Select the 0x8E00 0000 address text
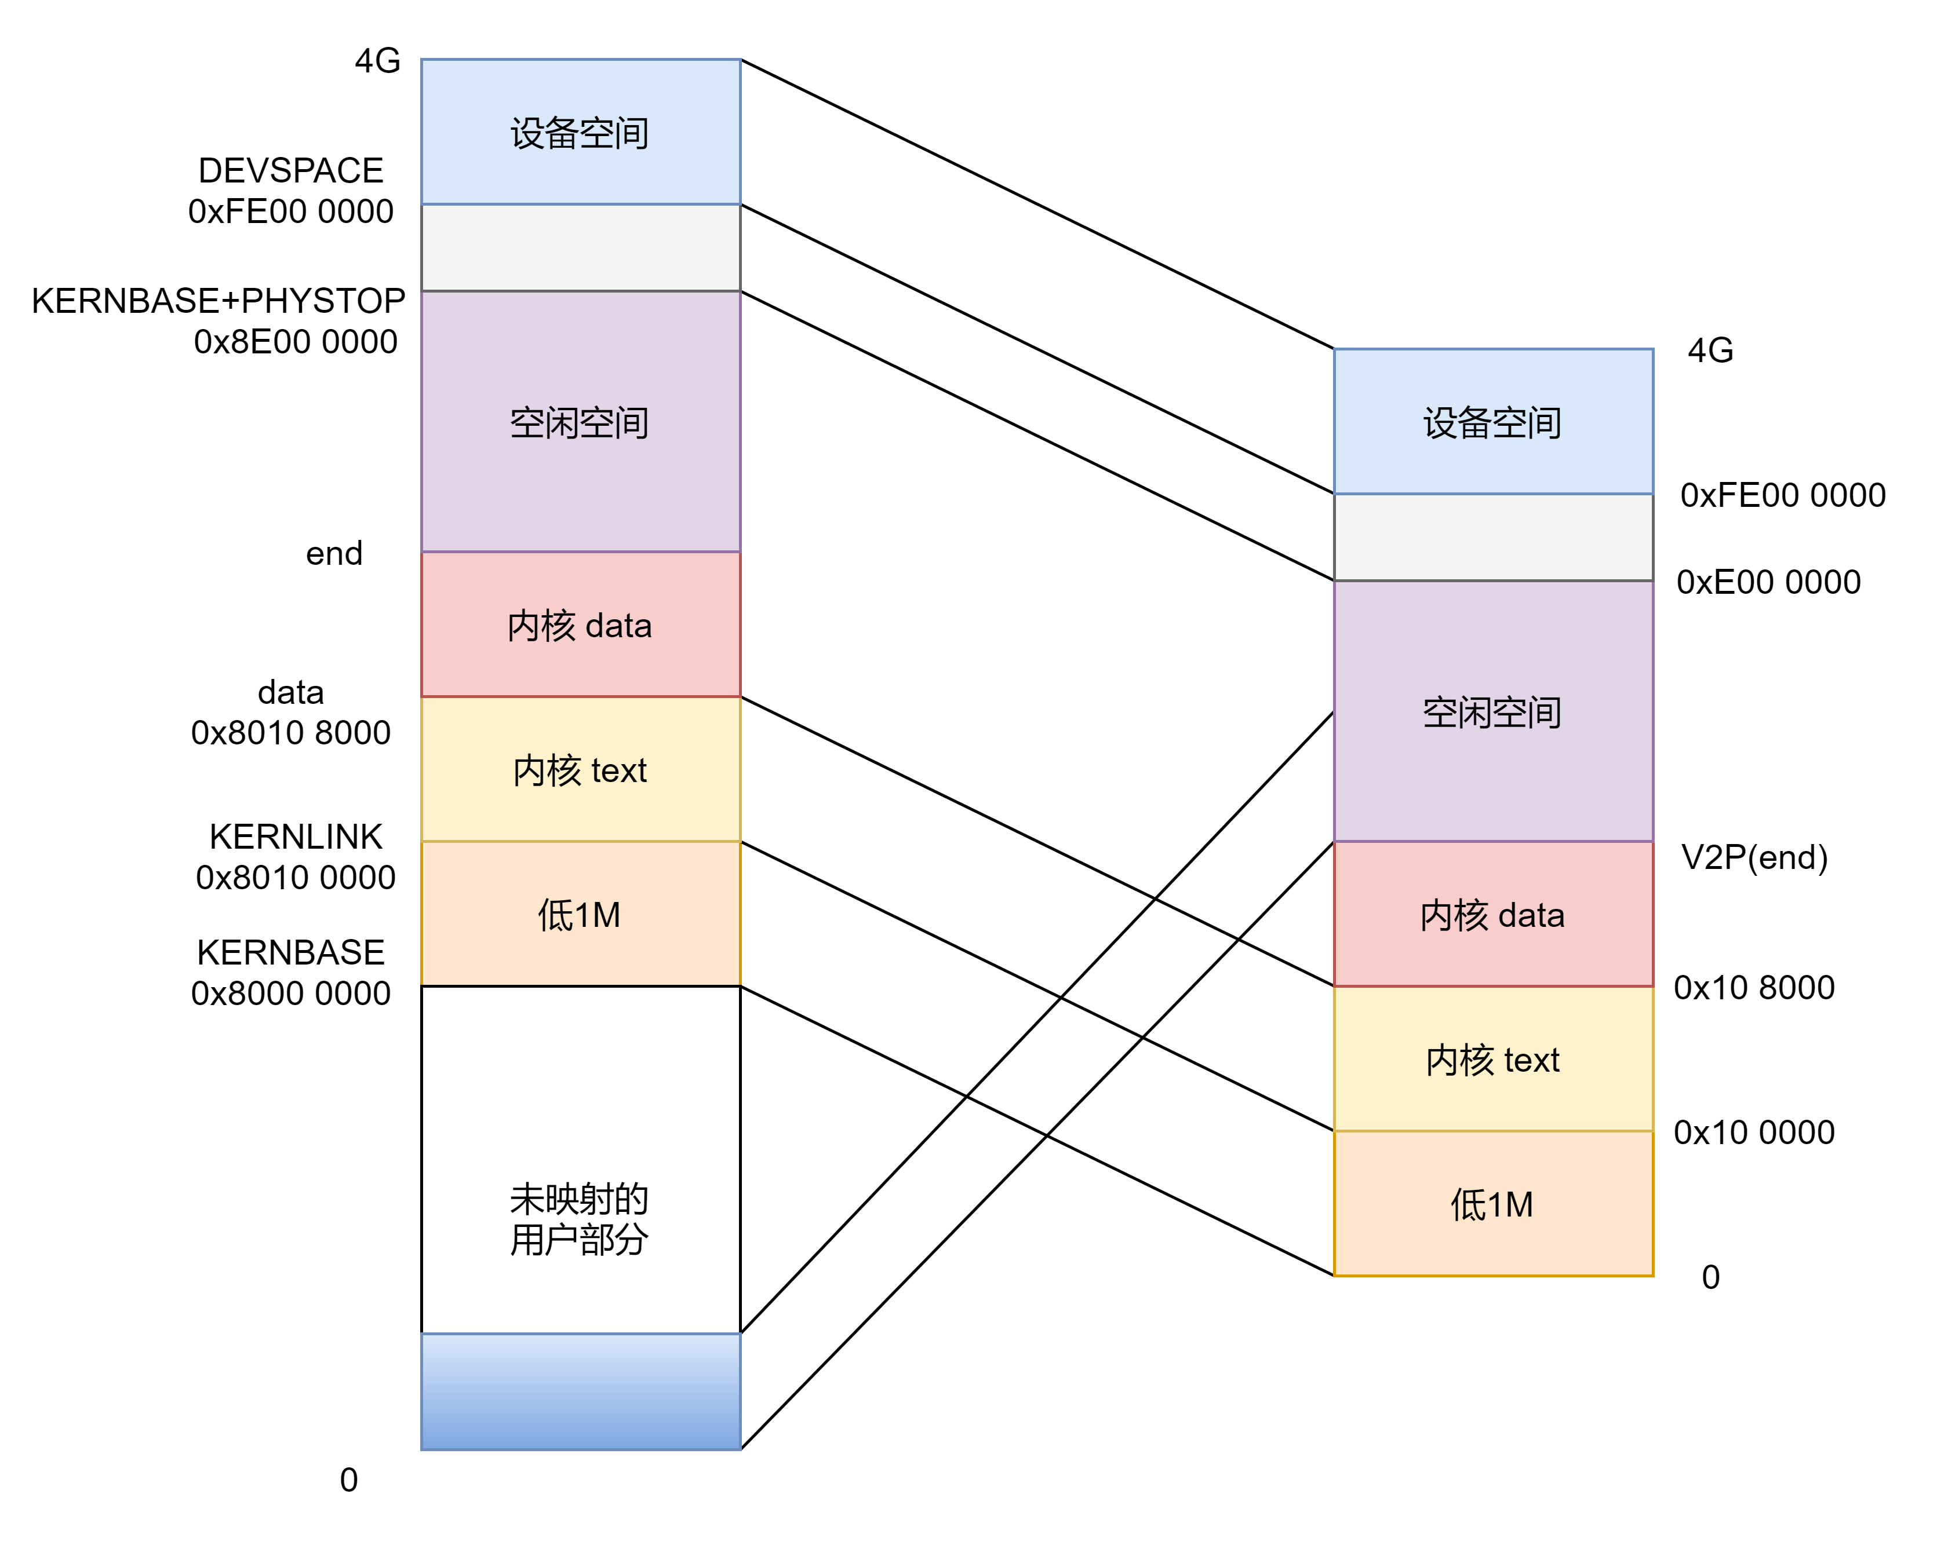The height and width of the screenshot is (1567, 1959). pos(296,342)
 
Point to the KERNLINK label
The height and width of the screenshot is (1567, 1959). pos(296,837)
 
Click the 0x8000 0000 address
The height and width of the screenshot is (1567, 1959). pos(291,993)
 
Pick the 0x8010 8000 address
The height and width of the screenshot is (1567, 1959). pos(291,732)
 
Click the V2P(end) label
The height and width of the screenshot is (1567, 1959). pos(1754,857)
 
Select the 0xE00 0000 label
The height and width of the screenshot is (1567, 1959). pos(1768,582)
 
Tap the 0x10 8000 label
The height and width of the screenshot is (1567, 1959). pos(1754,988)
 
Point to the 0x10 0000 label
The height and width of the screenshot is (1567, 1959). pos(1754,1132)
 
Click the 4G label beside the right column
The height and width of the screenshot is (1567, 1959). pos(1710,350)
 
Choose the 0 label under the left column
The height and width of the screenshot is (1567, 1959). pos(349,1480)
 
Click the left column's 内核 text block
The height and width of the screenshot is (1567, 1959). pos(581,769)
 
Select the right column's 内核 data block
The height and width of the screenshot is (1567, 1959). pos(1493,914)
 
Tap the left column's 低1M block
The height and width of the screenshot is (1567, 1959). pos(581,914)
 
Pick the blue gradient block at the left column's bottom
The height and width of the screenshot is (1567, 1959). pos(581,1391)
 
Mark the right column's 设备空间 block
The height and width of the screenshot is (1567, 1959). pos(1493,422)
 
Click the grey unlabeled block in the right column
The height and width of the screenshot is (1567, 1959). pos(1493,537)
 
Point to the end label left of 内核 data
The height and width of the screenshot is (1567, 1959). pos(334,553)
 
